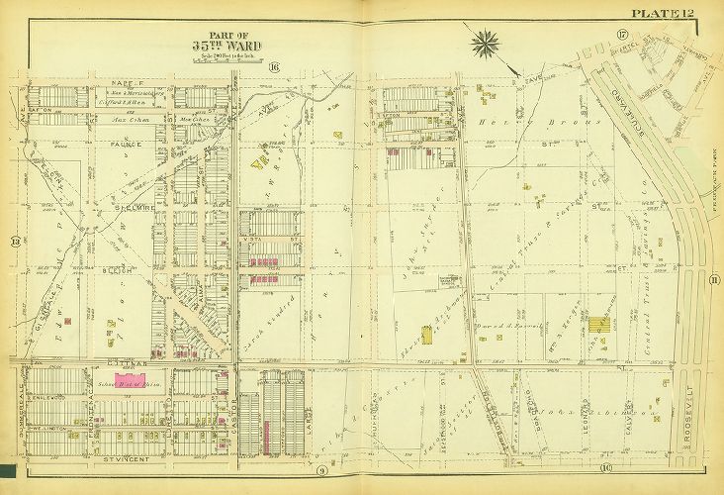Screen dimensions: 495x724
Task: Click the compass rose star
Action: [488, 43]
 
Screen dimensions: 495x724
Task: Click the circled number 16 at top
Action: [273, 66]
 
